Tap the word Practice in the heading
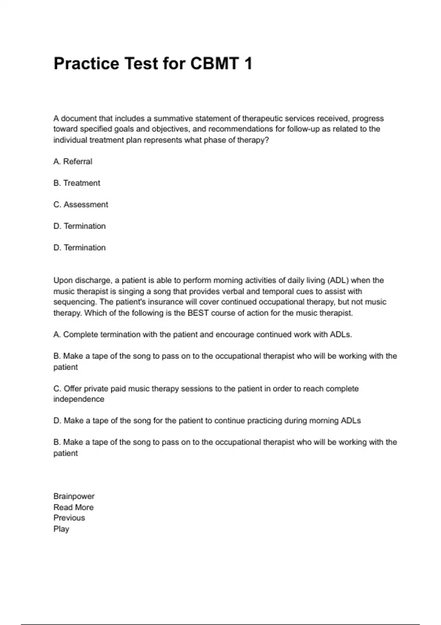[x=86, y=64]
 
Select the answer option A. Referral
[x=73, y=161]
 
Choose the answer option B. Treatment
[x=77, y=183]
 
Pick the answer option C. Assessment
[x=81, y=204]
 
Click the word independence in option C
[x=79, y=399]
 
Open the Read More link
[x=73, y=507]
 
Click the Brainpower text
[x=74, y=496]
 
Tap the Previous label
[x=69, y=518]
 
